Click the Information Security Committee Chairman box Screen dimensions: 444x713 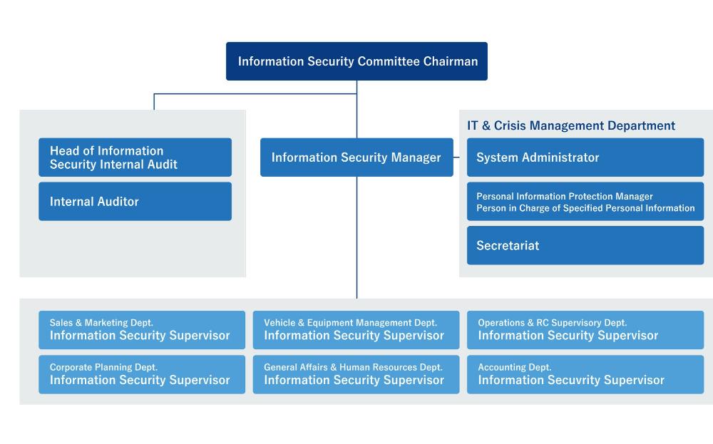pyautogui.click(x=356, y=61)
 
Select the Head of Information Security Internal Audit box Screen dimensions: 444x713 pyautogui.click(x=135, y=158)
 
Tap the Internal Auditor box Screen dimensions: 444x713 pyautogui.click(x=135, y=202)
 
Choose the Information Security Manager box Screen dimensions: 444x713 pyautogui.click(x=356, y=158)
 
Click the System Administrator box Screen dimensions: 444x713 pyautogui.click(x=585, y=158)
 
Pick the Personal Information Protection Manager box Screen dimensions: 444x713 pyautogui.click(x=585, y=202)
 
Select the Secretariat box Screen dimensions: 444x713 pyautogui.click(x=585, y=246)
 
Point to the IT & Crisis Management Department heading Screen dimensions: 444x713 pyautogui.click(x=571, y=125)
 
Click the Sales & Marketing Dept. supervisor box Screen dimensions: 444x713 pyautogui.click(x=141, y=330)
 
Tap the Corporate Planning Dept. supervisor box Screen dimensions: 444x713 pyautogui.click(x=141, y=374)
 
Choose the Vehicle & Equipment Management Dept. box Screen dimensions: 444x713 pyautogui.click(x=356, y=330)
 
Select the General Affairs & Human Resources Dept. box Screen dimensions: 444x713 pyautogui.click(x=356, y=374)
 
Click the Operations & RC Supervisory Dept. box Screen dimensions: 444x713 pyautogui.click(x=585, y=330)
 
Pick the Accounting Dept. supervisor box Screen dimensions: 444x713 pyautogui.click(x=585, y=374)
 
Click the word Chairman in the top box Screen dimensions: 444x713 pyautogui.click(x=450, y=61)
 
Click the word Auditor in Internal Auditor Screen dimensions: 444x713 pyautogui.click(x=118, y=202)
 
